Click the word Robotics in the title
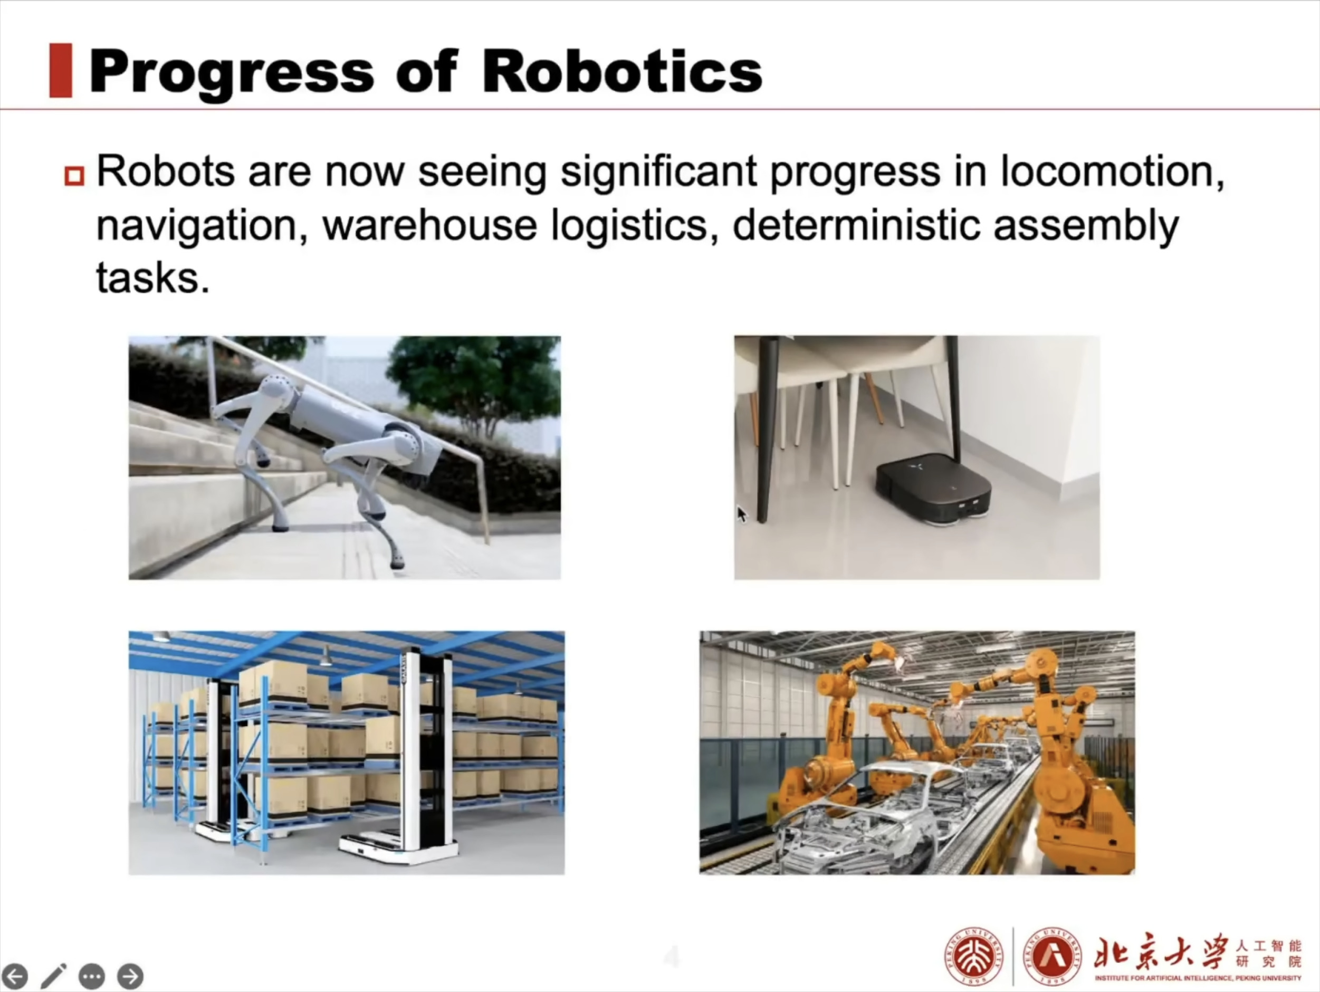tap(622, 72)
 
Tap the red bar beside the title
tap(60, 70)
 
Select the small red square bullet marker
tap(74, 176)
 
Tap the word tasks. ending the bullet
tap(154, 278)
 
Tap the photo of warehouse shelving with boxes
tap(347, 752)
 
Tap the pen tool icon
tap(53, 976)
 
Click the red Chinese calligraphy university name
tap(1161, 952)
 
